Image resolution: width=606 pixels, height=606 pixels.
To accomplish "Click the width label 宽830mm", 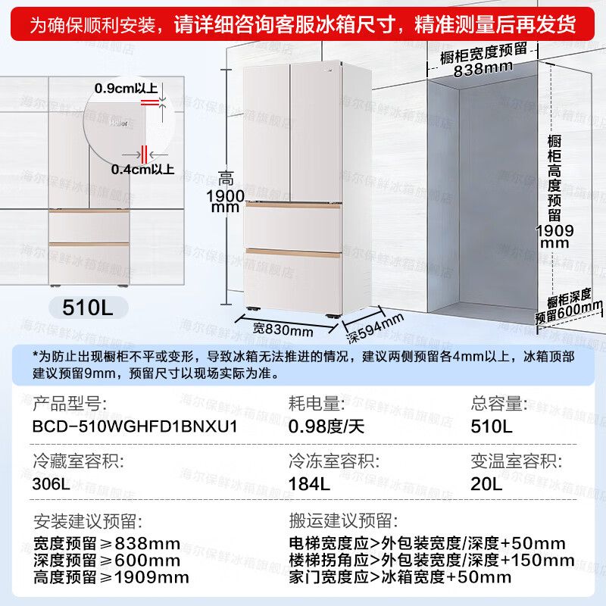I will tap(283, 330).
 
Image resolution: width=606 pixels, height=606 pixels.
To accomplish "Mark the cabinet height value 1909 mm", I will tap(560, 236).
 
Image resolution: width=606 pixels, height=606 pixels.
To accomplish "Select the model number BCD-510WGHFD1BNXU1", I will tap(136, 426).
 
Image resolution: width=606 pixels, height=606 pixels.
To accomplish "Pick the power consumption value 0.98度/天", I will tap(326, 426).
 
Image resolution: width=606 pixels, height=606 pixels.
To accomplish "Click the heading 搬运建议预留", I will tap(341, 521).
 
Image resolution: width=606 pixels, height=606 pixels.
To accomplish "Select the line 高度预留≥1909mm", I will tap(111, 578).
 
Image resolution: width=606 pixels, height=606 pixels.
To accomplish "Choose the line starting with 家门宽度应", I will tap(400, 578).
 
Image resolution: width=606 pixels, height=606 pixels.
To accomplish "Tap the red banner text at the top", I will tap(302, 25).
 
